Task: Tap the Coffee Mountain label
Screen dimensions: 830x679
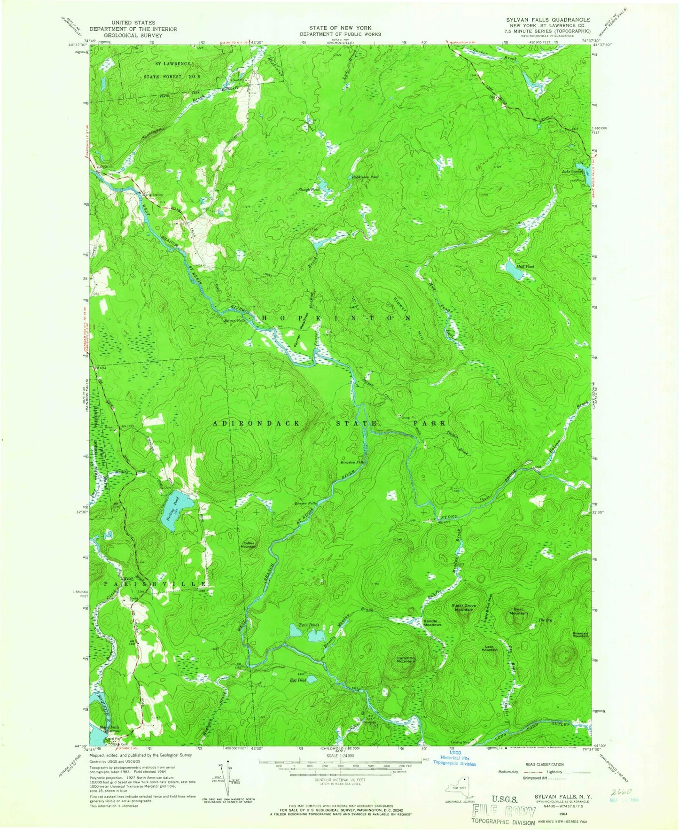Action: click(249, 545)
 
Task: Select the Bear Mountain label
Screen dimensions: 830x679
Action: click(519, 612)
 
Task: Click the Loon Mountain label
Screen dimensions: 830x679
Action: click(489, 648)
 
